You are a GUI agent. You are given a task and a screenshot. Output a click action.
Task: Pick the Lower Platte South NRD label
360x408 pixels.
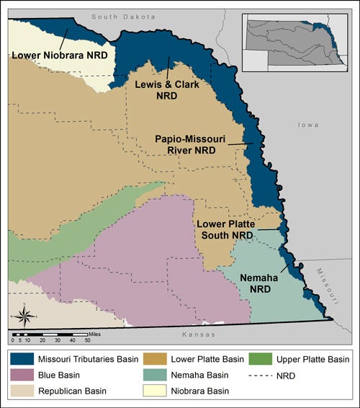click(x=225, y=229)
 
